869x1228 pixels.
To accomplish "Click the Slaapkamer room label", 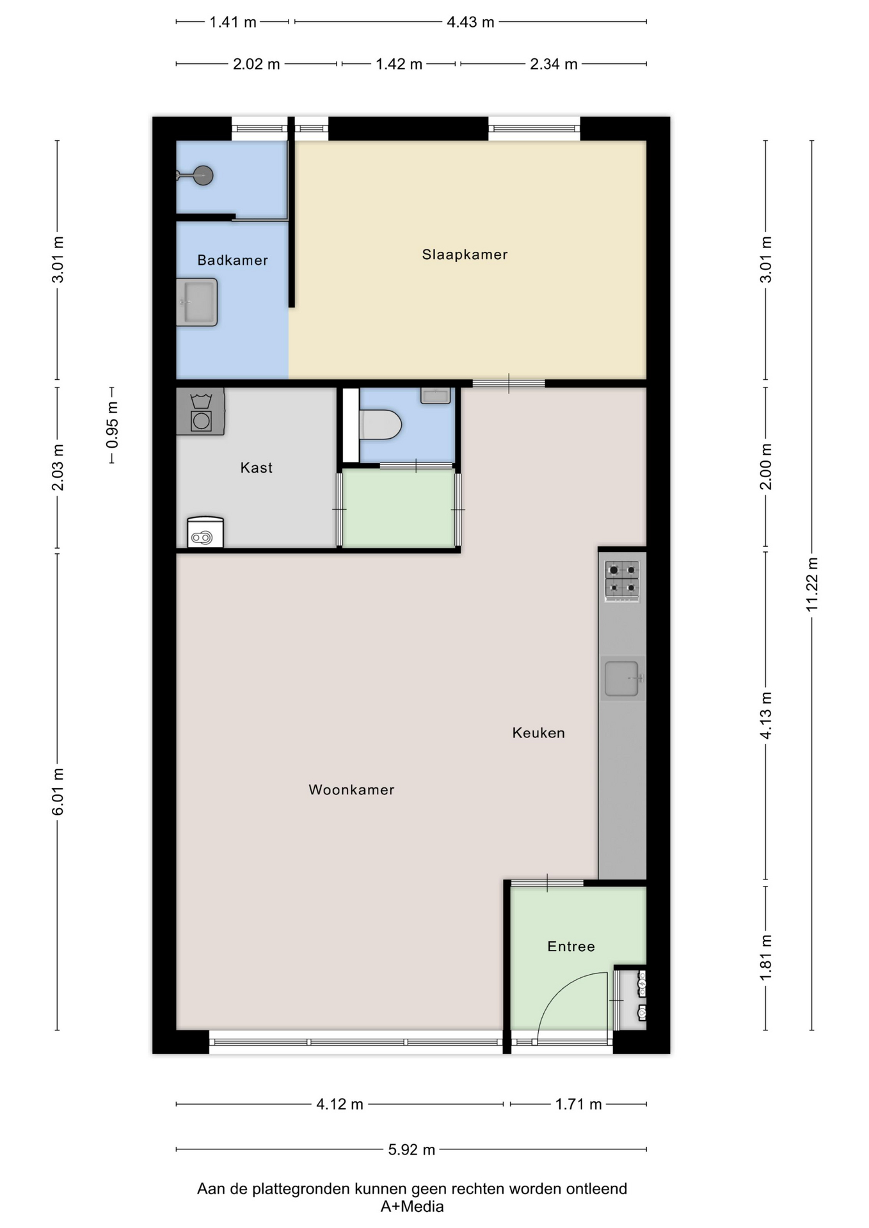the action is pyautogui.click(x=465, y=255).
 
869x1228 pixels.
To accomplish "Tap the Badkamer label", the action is pyautogui.click(x=232, y=260).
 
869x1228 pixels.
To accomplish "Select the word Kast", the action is pyautogui.click(x=257, y=468).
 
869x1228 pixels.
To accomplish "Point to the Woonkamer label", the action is pyautogui.click(x=351, y=790).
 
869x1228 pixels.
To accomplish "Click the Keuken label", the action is pyautogui.click(x=539, y=733).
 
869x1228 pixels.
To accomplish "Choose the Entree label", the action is pyautogui.click(x=571, y=947).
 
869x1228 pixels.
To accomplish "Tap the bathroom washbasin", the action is pyautogui.click(x=197, y=302).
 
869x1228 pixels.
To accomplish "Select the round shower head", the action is pyautogui.click(x=203, y=175).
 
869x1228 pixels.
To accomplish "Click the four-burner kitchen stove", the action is pyautogui.click(x=622, y=581).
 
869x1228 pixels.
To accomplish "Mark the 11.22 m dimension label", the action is pyautogui.click(x=812, y=585).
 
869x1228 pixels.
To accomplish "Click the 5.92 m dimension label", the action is pyautogui.click(x=411, y=1149).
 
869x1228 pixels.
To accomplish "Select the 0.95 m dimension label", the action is pyautogui.click(x=112, y=425).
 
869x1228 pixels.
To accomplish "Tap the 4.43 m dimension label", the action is pyautogui.click(x=470, y=22).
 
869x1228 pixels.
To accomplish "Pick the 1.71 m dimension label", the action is pyautogui.click(x=578, y=1104).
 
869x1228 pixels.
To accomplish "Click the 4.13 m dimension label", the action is pyautogui.click(x=766, y=715).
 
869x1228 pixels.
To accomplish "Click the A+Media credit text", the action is pyautogui.click(x=412, y=1207).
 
